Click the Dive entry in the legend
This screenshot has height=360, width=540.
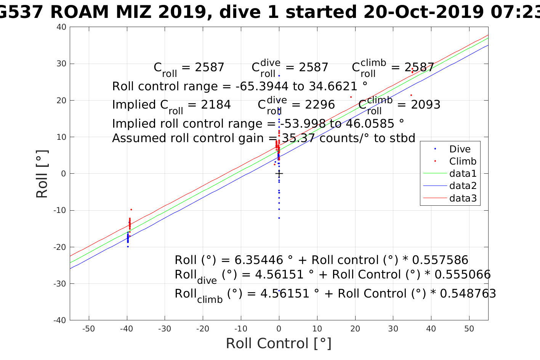(x=460, y=149)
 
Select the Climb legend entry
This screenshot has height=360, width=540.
(x=463, y=161)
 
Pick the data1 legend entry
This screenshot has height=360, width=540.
(x=463, y=173)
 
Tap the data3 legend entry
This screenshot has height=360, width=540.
(x=463, y=198)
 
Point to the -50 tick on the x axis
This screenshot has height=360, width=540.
(x=88, y=329)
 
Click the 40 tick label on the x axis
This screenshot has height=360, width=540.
(x=431, y=329)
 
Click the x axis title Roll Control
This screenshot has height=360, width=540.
(x=279, y=343)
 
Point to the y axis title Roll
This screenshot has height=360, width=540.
(x=42, y=174)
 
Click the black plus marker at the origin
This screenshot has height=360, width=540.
(x=279, y=174)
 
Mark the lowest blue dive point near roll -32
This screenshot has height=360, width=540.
(x=279, y=291)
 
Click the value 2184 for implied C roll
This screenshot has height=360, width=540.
(x=216, y=105)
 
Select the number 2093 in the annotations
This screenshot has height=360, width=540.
(x=425, y=105)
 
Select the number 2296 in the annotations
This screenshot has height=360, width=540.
(x=320, y=105)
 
